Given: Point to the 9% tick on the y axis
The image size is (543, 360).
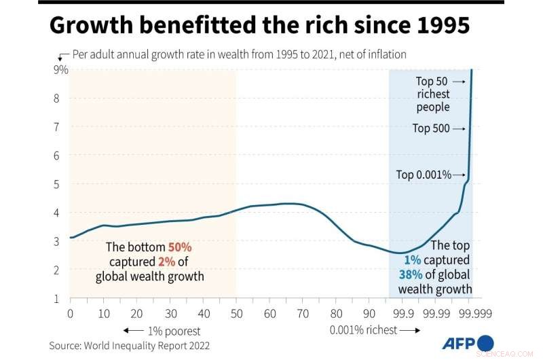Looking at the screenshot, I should tap(60, 69).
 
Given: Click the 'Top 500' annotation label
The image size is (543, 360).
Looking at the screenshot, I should tap(431, 128).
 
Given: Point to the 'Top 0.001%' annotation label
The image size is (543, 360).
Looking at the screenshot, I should tap(424, 175).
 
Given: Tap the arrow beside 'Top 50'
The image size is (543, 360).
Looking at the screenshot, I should tap(459, 82).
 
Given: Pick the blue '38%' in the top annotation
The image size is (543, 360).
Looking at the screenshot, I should tap(411, 275).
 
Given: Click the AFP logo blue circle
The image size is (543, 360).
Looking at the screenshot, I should tap(486, 342).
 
